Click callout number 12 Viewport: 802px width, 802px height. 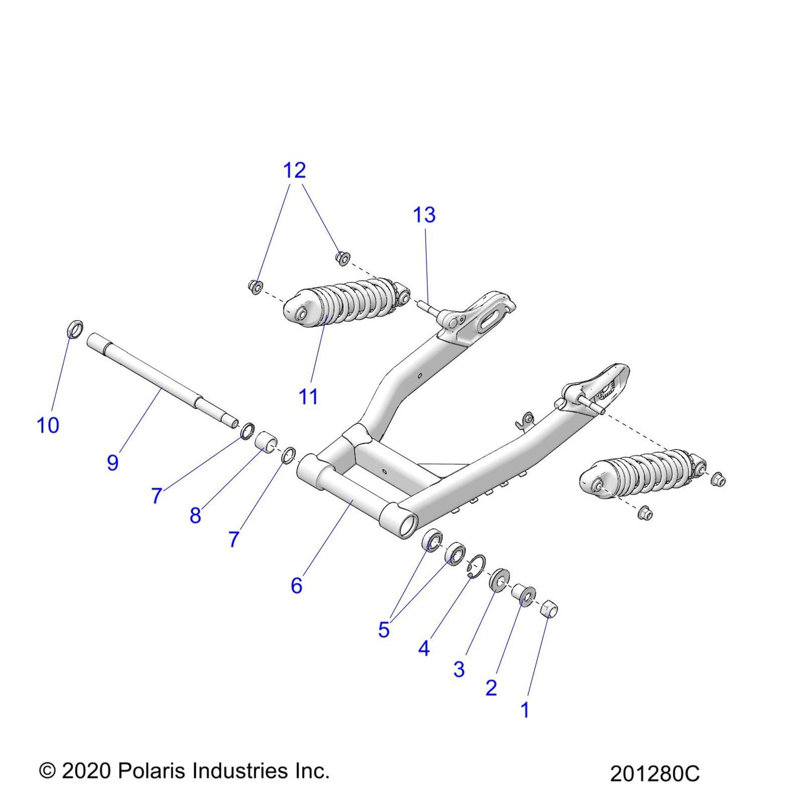coord(294,170)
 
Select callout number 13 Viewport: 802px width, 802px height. coord(424,214)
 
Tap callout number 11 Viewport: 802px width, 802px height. coord(309,397)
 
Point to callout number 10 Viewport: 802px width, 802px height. coord(48,426)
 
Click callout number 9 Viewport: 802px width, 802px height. coord(112,462)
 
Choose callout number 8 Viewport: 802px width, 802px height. coord(195,515)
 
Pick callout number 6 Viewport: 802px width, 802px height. coord(297,585)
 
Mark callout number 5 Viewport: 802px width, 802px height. coord(383,630)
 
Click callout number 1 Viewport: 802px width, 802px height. coord(525,710)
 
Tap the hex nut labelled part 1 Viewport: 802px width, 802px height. coord(550,608)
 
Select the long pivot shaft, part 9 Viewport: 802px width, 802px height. coord(160,380)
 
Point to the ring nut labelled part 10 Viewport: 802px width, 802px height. coord(75,329)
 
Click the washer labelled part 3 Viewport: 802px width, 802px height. coord(499,580)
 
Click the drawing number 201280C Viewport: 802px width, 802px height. coord(654,774)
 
